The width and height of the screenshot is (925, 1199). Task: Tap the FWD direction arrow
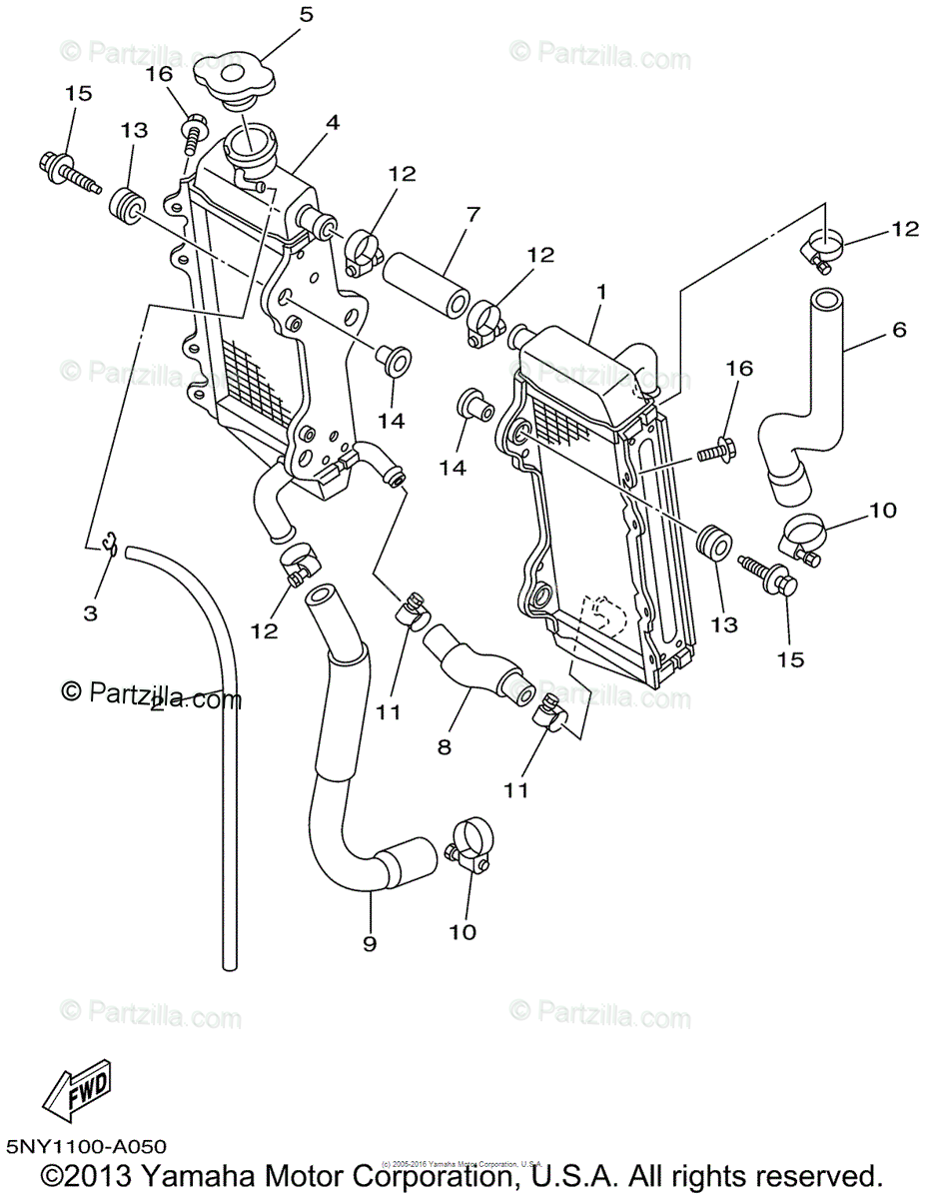pyautogui.click(x=77, y=1093)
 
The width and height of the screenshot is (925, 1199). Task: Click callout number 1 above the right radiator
pyautogui.click(x=601, y=291)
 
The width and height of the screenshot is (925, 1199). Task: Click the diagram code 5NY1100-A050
pyautogui.click(x=86, y=1146)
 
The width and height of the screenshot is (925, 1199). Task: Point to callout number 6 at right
pyautogui.click(x=899, y=329)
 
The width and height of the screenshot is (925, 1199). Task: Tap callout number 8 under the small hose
pyautogui.click(x=444, y=745)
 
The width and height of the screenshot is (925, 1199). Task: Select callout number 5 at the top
pyautogui.click(x=306, y=14)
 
